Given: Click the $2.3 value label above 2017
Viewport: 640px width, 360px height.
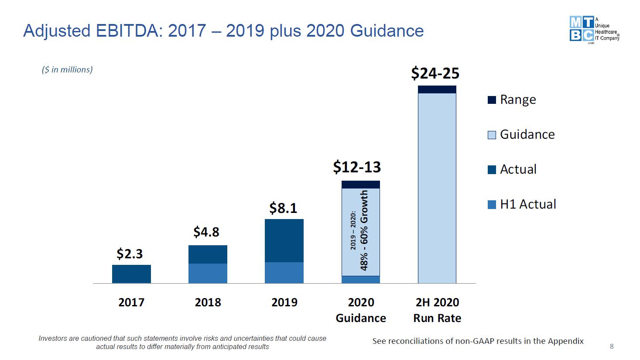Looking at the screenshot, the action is pyautogui.click(x=130, y=254).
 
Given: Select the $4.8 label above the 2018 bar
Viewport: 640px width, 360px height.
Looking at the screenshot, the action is pyautogui.click(x=206, y=232).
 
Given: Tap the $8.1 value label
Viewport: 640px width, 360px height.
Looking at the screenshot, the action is pyautogui.click(x=283, y=208).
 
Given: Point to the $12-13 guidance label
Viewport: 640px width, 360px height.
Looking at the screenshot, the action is pyautogui.click(x=357, y=167).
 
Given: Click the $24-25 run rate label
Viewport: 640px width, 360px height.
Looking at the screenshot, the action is pyautogui.click(x=435, y=73).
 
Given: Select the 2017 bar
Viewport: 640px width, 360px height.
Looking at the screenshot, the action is pyautogui.click(x=131, y=274).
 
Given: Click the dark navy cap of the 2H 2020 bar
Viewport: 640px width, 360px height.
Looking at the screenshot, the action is pyautogui.click(x=437, y=89).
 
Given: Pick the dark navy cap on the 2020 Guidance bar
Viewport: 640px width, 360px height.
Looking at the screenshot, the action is pyautogui.click(x=360, y=185).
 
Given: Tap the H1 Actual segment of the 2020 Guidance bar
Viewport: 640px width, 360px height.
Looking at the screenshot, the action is pyautogui.click(x=360, y=280).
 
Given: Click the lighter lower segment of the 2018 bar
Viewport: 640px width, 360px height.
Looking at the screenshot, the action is pyautogui.click(x=208, y=274).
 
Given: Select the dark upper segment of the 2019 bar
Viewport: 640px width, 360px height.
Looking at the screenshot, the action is pyautogui.click(x=284, y=240).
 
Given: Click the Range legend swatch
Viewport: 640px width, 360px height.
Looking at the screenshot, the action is pyautogui.click(x=492, y=100).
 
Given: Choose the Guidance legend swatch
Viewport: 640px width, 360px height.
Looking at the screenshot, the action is pyautogui.click(x=492, y=135).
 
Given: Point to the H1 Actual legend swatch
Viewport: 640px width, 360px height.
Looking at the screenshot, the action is pyautogui.click(x=492, y=205).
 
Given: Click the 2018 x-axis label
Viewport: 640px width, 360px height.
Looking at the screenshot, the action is pyautogui.click(x=208, y=302).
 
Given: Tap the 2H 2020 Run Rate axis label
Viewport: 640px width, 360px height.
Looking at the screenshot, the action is pyautogui.click(x=437, y=310).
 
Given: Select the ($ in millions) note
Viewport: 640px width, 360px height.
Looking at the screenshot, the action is pyautogui.click(x=67, y=70).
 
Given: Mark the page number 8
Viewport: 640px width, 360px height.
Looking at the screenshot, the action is pyautogui.click(x=612, y=346).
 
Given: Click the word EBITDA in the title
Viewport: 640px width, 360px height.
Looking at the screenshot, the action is pyautogui.click(x=129, y=31).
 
